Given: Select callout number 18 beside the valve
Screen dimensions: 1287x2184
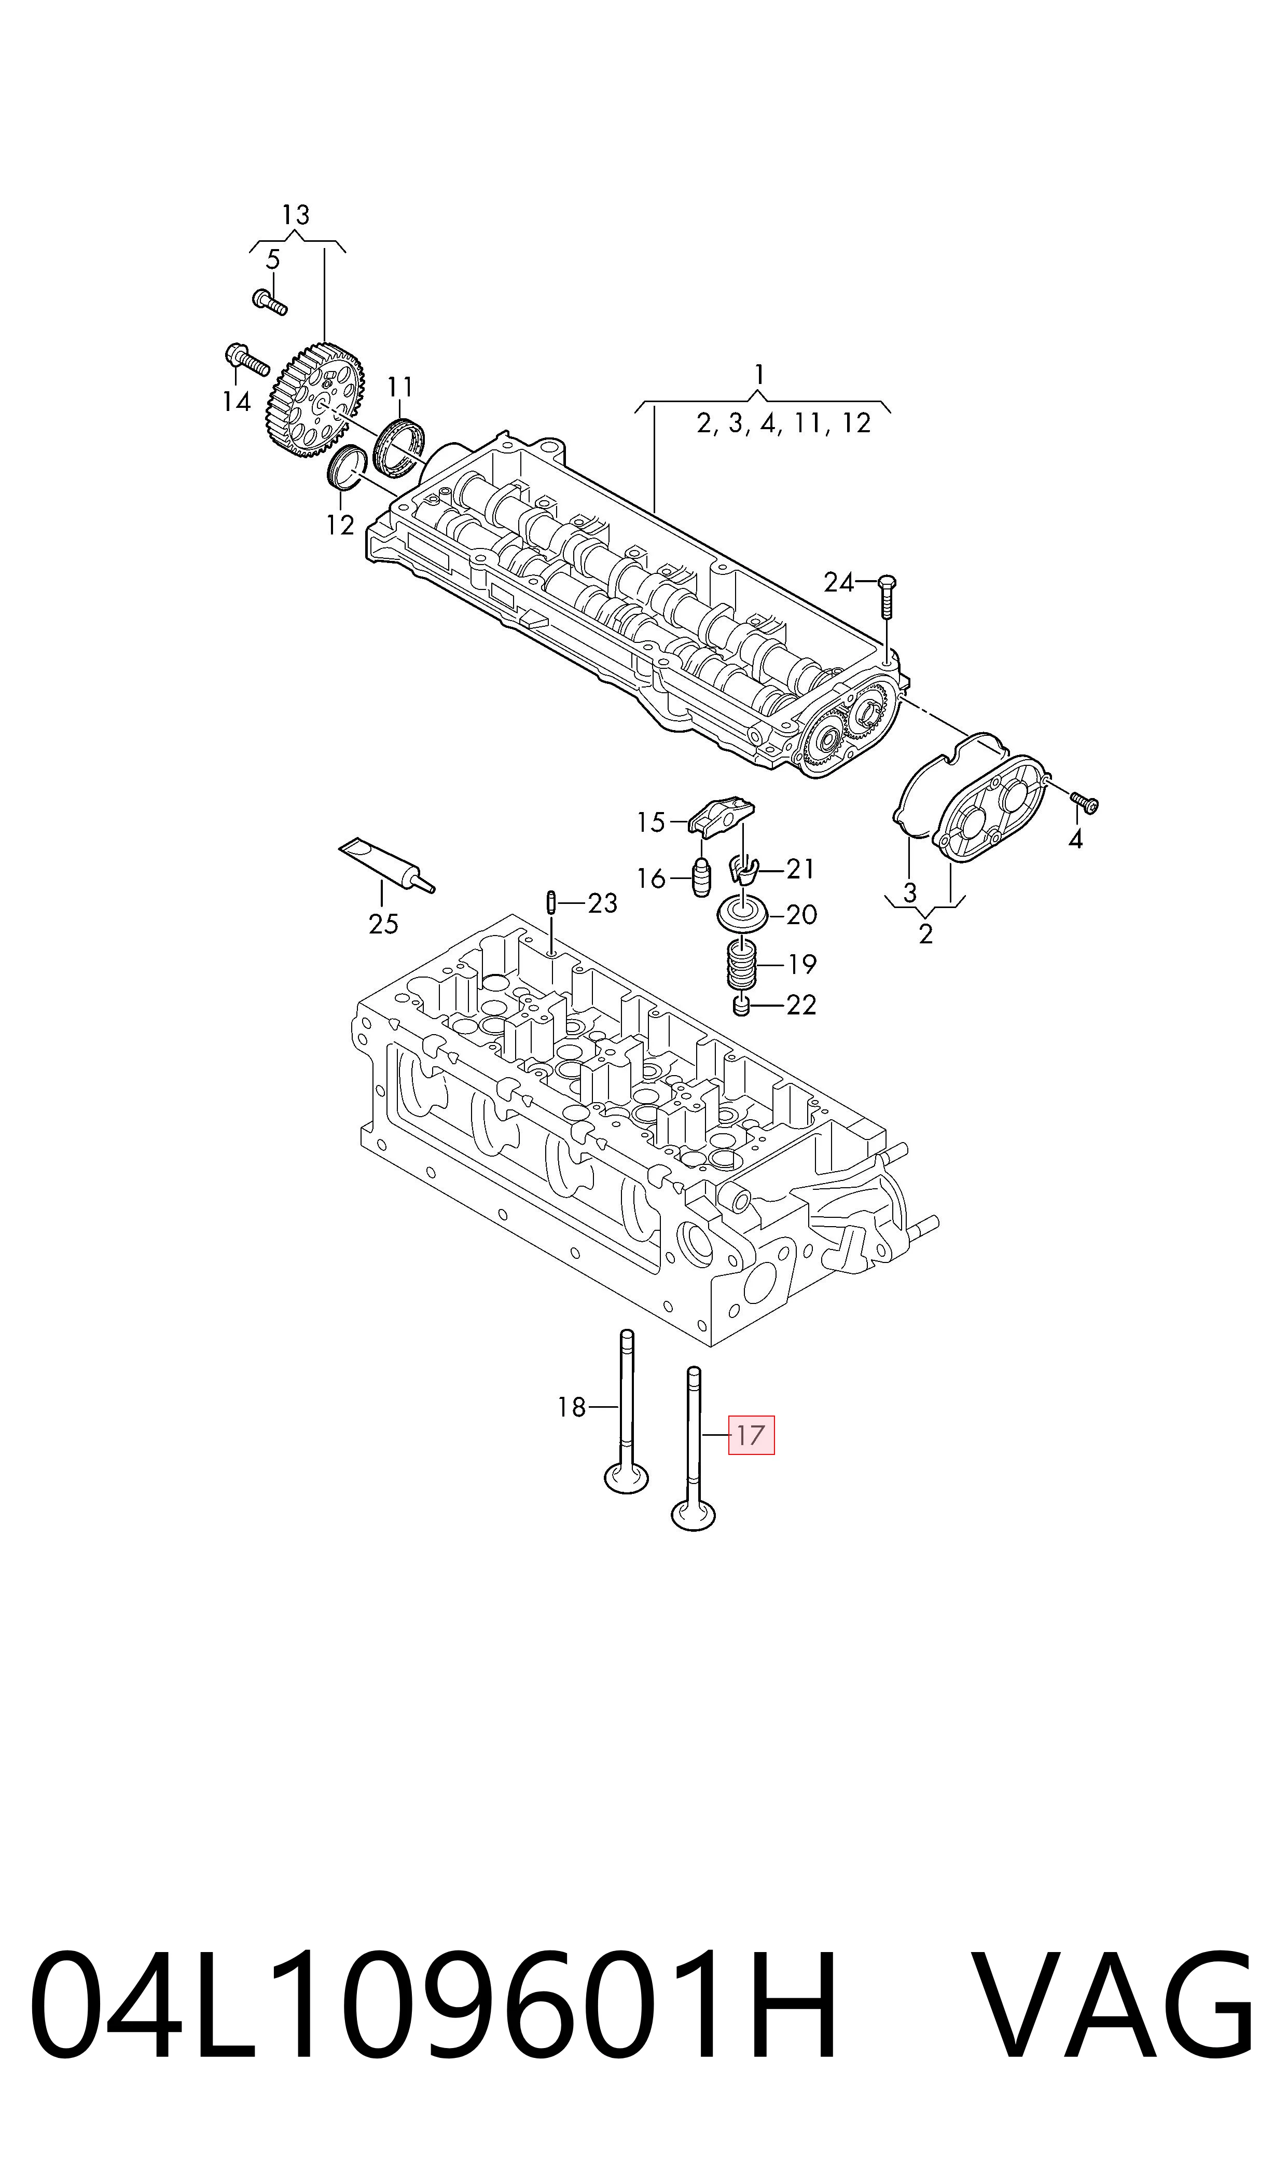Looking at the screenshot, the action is click(572, 1407).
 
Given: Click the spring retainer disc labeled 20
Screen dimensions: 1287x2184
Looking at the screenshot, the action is click(741, 913).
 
